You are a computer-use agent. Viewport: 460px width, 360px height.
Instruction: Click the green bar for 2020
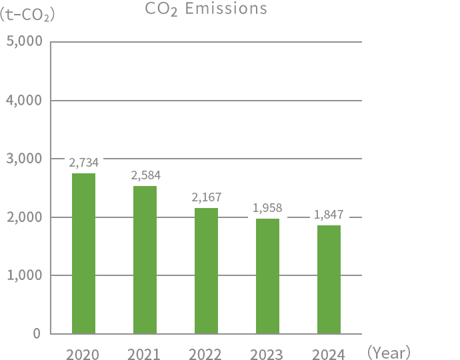coord(83,253)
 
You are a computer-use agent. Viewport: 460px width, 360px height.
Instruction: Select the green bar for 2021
coord(145,260)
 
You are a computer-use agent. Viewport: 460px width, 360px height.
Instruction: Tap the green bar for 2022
coord(206,271)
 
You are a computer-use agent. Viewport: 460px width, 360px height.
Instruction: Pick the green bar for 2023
coord(267,276)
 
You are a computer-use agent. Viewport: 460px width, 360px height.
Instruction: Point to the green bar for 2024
coord(329,279)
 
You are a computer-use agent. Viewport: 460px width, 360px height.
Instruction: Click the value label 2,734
coord(83,162)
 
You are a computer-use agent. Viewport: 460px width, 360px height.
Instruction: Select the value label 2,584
coord(146,175)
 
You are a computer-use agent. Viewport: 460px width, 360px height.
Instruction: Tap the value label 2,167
coord(207,197)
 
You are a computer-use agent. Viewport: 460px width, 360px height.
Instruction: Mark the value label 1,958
coord(267,208)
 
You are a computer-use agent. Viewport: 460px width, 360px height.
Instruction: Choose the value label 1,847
coord(329,215)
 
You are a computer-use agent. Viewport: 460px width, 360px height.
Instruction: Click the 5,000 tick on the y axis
coord(25,42)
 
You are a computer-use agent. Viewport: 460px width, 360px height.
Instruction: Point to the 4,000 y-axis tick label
coord(25,101)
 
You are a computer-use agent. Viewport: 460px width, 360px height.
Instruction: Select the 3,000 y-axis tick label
coord(25,159)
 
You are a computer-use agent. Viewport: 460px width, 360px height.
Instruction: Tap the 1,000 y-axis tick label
coord(25,275)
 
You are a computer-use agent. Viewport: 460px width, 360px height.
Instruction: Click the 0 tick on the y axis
coord(37,333)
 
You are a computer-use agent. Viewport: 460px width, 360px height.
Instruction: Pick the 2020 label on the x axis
coord(83,355)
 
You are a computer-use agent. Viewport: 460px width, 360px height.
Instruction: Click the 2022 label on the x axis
coord(205,355)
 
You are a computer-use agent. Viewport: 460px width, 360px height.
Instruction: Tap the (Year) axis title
coord(389,352)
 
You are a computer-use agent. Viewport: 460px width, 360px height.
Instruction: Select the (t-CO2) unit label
coord(27,13)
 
